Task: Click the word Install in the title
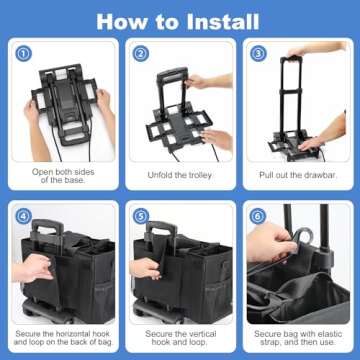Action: point(217,20)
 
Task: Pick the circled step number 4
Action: point(24,216)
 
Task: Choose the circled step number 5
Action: point(140,216)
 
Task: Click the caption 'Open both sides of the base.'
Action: point(62,176)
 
